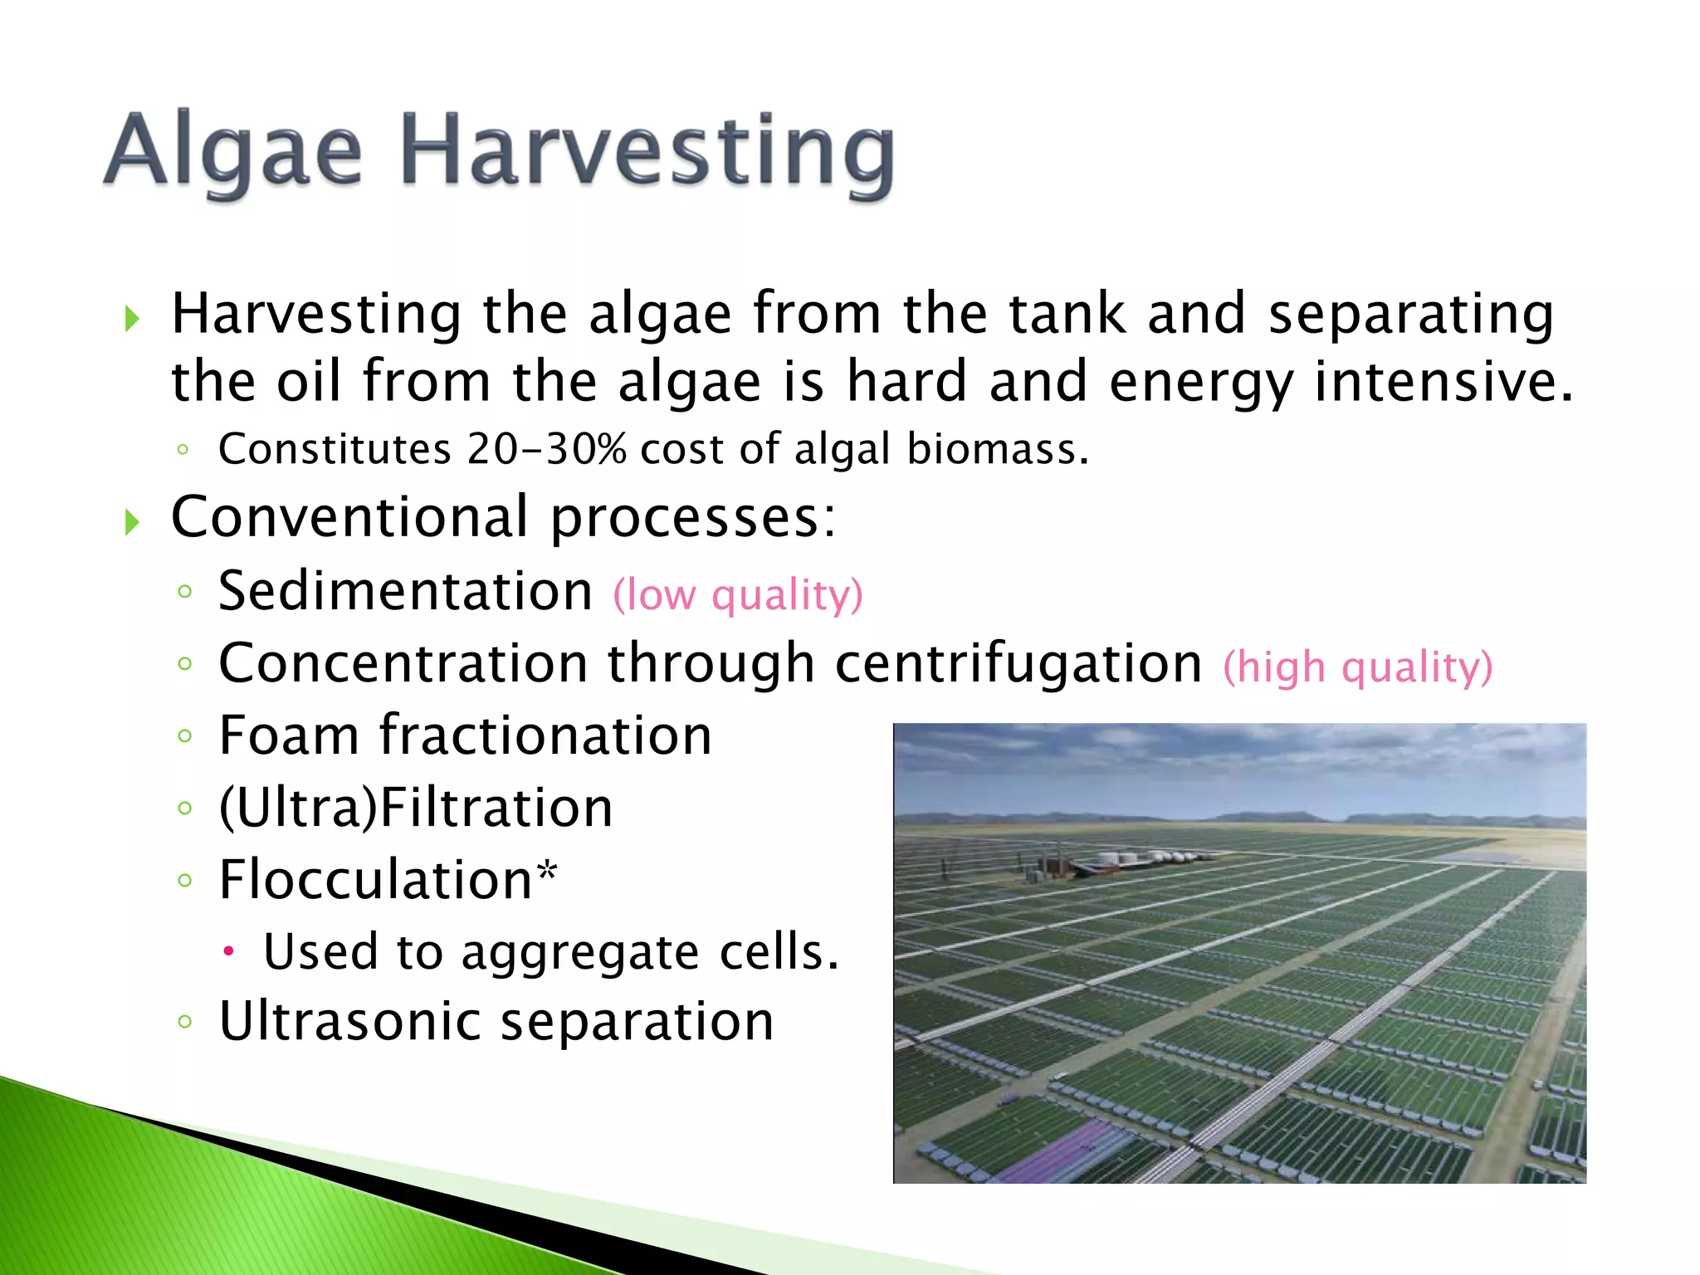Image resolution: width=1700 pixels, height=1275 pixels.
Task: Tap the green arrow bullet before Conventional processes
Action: click(132, 522)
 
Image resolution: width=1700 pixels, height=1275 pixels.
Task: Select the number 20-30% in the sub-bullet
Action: click(546, 449)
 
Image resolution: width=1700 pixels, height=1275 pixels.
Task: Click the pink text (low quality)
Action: click(738, 595)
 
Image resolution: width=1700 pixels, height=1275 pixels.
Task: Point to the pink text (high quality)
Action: click(1358, 667)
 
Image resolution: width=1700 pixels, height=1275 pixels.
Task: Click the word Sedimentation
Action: click(405, 591)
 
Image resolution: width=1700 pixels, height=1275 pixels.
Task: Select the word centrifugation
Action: click(1019, 663)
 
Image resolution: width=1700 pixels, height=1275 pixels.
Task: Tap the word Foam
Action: click(290, 735)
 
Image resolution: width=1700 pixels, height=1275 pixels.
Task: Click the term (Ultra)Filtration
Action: click(415, 808)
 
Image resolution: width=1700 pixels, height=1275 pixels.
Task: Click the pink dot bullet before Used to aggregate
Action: click(229, 951)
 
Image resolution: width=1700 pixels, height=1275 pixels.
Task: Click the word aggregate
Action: click(579, 953)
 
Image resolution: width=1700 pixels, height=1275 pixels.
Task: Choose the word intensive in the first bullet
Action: click(1443, 382)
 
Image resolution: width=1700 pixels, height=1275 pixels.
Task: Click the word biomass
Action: click(996, 449)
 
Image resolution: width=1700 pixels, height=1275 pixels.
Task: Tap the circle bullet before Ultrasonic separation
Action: click(185, 1022)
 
